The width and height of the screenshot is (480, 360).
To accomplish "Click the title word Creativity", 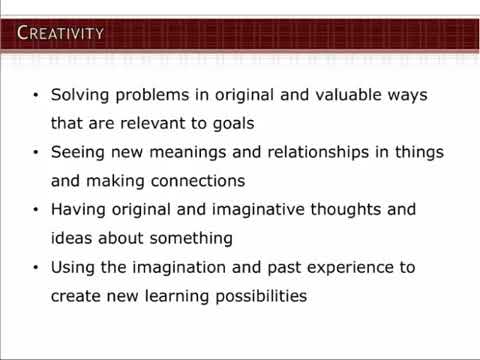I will click(61, 33).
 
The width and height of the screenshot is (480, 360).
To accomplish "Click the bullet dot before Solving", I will click(36, 96).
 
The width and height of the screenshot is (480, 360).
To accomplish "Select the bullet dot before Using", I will click(36, 269).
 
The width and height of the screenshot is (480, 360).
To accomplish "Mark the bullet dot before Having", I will click(36, 211).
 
